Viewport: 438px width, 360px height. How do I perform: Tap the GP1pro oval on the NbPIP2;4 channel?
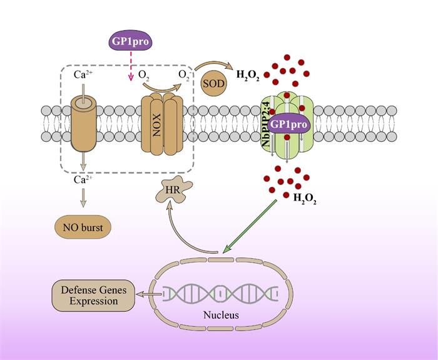pos(290,124)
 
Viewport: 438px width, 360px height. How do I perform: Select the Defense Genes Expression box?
pos(93,296)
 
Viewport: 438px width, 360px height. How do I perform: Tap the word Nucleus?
pos(221,315)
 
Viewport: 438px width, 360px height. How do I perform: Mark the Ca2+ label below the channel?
pos(82,180)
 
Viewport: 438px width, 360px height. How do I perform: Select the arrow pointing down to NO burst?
pos(82,201)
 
